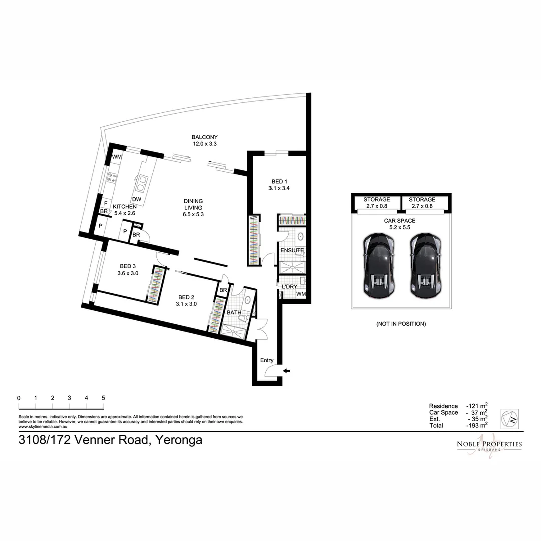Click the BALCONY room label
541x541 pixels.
click(205, 137)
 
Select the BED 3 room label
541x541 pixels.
click(128, 266)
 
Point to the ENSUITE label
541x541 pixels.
click(292, 250)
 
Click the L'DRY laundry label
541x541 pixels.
click(289, 286)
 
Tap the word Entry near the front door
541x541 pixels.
click(267, 360)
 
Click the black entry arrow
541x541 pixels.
click(286, 371)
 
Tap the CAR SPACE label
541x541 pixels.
click(400, 220)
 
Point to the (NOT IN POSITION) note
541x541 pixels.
click(401, 324)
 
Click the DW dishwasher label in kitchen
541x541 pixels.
click(136, 199)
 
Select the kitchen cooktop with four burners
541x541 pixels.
click(111, 177)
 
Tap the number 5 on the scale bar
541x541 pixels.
click(103, 398)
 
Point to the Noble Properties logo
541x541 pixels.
click(489, 445)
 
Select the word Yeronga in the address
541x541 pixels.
click(179, 441)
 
